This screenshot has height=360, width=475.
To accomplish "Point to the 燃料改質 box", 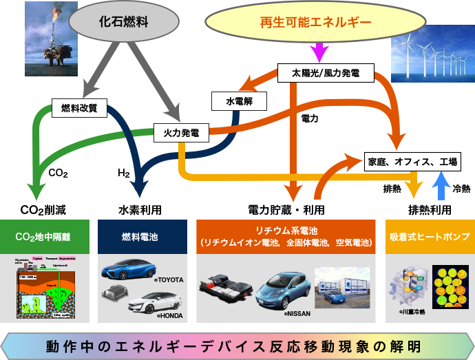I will coord(79,107).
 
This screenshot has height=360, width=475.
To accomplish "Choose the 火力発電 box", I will coord(180,132).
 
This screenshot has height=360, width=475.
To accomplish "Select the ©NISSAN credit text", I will coord(298,313).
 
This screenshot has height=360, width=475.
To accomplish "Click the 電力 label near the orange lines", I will coord(310,119).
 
